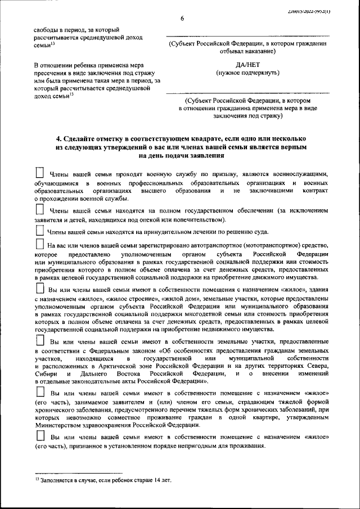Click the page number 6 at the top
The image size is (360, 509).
pos(182,19)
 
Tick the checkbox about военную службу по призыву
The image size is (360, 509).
pos(40,173)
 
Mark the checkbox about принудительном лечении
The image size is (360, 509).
pos(40,231)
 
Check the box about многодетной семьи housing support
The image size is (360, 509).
pos(40,288)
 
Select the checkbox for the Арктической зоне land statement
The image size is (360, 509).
pos(40,341)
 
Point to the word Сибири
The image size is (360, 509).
pos(45,373)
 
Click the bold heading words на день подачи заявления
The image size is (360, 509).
pos(181,155)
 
